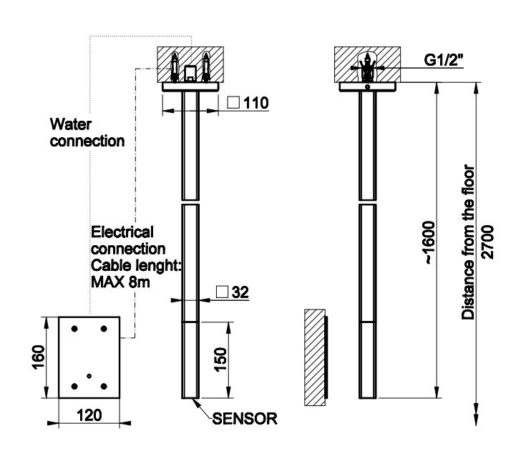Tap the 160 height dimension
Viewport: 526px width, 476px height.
pyautogui.click(x=39, y=355)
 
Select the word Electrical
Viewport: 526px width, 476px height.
pyautogui.click(x=122, y=232)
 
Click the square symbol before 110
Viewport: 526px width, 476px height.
pyautogui.click(x=233, y=103)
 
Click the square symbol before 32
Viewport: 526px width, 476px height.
pyautogui.click(x=222, y=292)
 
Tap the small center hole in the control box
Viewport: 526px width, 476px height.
pyautogui.click(x=89, y=376)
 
